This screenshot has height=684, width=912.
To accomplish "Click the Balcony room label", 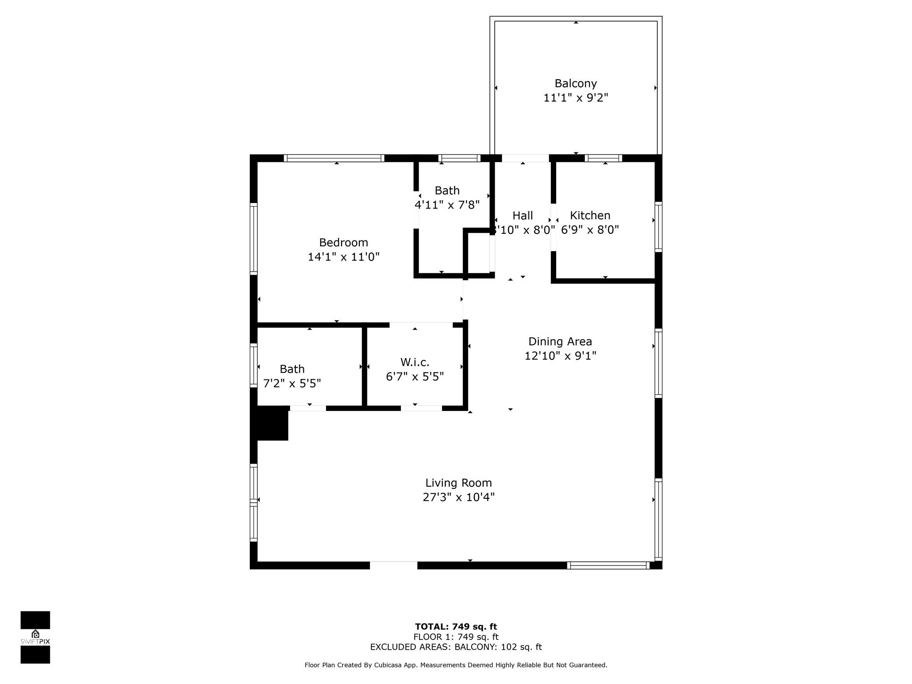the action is (x=575, y=83).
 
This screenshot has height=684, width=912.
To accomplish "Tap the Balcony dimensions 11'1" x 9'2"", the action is (x=575, y=98).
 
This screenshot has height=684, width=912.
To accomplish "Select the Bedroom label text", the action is (x=343, y=242).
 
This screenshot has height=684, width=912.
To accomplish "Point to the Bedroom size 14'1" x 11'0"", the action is (x=343, y=257).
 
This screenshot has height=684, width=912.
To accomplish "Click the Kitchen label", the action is (x=590, y=216).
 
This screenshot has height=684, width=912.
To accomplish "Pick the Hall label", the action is (x=522, y=216).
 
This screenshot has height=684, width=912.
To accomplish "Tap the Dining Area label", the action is (x=560, y=342).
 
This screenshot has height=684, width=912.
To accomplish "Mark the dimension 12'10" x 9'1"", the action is (x=560, y=356).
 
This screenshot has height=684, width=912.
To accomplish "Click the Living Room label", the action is (x=459, y=483).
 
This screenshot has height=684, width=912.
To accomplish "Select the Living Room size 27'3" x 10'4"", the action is (x=459, y=497).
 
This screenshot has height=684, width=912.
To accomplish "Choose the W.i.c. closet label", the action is (x=415, y=362).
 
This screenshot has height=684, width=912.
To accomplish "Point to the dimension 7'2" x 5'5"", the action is (x=292, y=383).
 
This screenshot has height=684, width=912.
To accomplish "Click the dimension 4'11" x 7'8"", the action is (x=447, y=205).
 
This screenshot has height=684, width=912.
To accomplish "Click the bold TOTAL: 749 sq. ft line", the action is (x=456, y=627).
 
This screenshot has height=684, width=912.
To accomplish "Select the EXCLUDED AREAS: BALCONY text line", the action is (x=456, y=647).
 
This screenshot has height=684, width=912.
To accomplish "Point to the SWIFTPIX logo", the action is (x=35, y=637).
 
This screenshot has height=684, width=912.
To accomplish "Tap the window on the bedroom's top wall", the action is (x=334, y=158).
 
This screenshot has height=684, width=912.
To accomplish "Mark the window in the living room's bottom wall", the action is (x=608, y=566).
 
